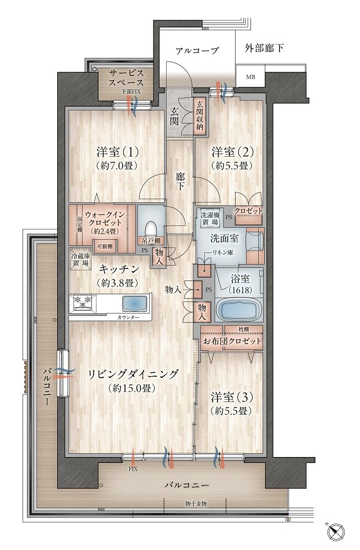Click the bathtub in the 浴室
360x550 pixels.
pyautogui.click(x=239, y=310)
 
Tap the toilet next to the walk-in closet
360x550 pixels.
pyautogui.click(x=151, y=228)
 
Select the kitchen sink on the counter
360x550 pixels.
pyautogui.click(x=134, y=304)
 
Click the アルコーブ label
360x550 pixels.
pyautogui.click(x=197, y=51)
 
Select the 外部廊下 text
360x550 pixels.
pyautogui.click(x=264, y=48)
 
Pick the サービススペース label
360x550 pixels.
pyautogui.click(x=126, y=79)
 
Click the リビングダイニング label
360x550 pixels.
pyautogui.click(x=134, y=381)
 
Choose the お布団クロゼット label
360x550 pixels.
pyautogui.click(x=232, y=342)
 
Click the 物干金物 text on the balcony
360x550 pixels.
pyautogui.click(x=196, y=504)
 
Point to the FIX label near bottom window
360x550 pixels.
pyautogui.click(x=133, y=469)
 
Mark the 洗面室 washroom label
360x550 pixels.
pyautogui.click(x=223, y=239)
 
